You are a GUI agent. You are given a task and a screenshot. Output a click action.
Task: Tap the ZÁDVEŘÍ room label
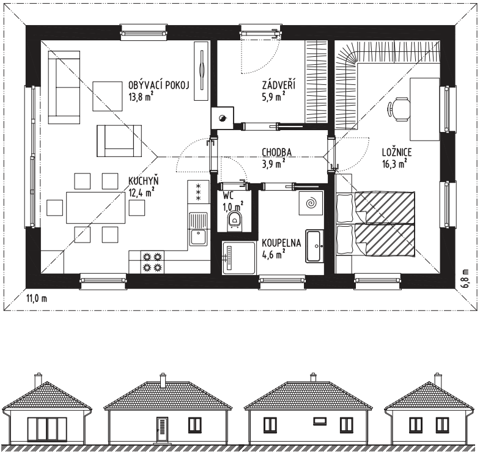click(x=279, y=85)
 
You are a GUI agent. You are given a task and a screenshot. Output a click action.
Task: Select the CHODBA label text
click(x=277, y=152)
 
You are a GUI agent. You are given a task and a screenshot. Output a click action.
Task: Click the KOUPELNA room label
click(x=281, y=243)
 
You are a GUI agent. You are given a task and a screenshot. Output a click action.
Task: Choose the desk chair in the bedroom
click(x=397, y=109)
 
